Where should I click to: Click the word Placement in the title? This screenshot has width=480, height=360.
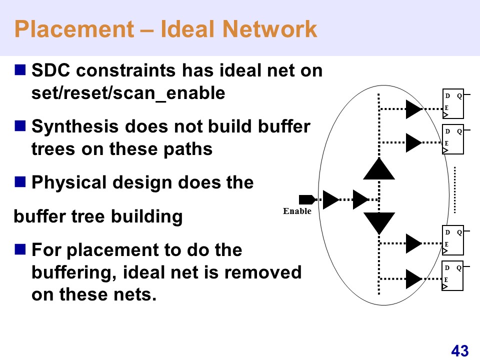(x=74, y=29)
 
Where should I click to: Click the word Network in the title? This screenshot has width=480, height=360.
(x=269, y=29)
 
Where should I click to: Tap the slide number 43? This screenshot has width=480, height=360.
(x=460, y=351)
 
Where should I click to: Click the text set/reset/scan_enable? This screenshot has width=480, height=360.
(x=128, y=93)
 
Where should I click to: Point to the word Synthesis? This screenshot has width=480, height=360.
(x=75, y=126)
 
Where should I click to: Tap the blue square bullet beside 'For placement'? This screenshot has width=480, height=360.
(x=20, y=249)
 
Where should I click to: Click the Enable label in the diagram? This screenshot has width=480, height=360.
(x=297, y=211)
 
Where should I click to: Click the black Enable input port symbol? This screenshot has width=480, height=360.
(x=306, y=199)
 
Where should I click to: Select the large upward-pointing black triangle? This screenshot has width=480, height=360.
(x=379, y=168)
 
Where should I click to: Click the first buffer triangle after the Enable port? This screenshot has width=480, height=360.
(x=330, y=200)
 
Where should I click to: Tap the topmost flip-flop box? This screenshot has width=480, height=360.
(x=453, y=104)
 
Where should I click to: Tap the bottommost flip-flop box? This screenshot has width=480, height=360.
(x=452, y=275)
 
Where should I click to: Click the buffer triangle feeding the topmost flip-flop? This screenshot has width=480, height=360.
(x=414, y=109)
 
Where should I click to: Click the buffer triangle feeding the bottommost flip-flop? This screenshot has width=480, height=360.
(x=414, y=279)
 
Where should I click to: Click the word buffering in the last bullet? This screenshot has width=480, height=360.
(x=74, y=273)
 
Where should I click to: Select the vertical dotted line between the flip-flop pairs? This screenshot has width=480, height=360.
(x=455, y=190)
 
